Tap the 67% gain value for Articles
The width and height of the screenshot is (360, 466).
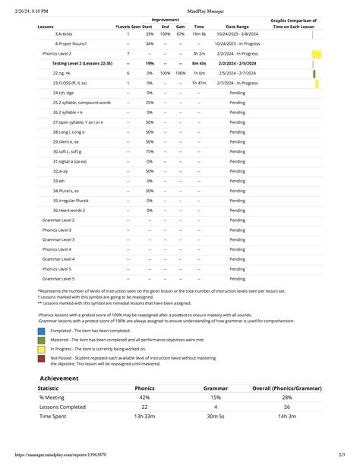pos(180,34)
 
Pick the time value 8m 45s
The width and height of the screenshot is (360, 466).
pos(199,64)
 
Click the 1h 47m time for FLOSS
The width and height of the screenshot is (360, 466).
pos(199,83)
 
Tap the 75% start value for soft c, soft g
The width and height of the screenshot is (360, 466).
pos(150,151)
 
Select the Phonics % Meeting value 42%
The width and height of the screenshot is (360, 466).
pos(144,397)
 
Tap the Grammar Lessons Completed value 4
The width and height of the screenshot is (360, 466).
pos(216,407)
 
